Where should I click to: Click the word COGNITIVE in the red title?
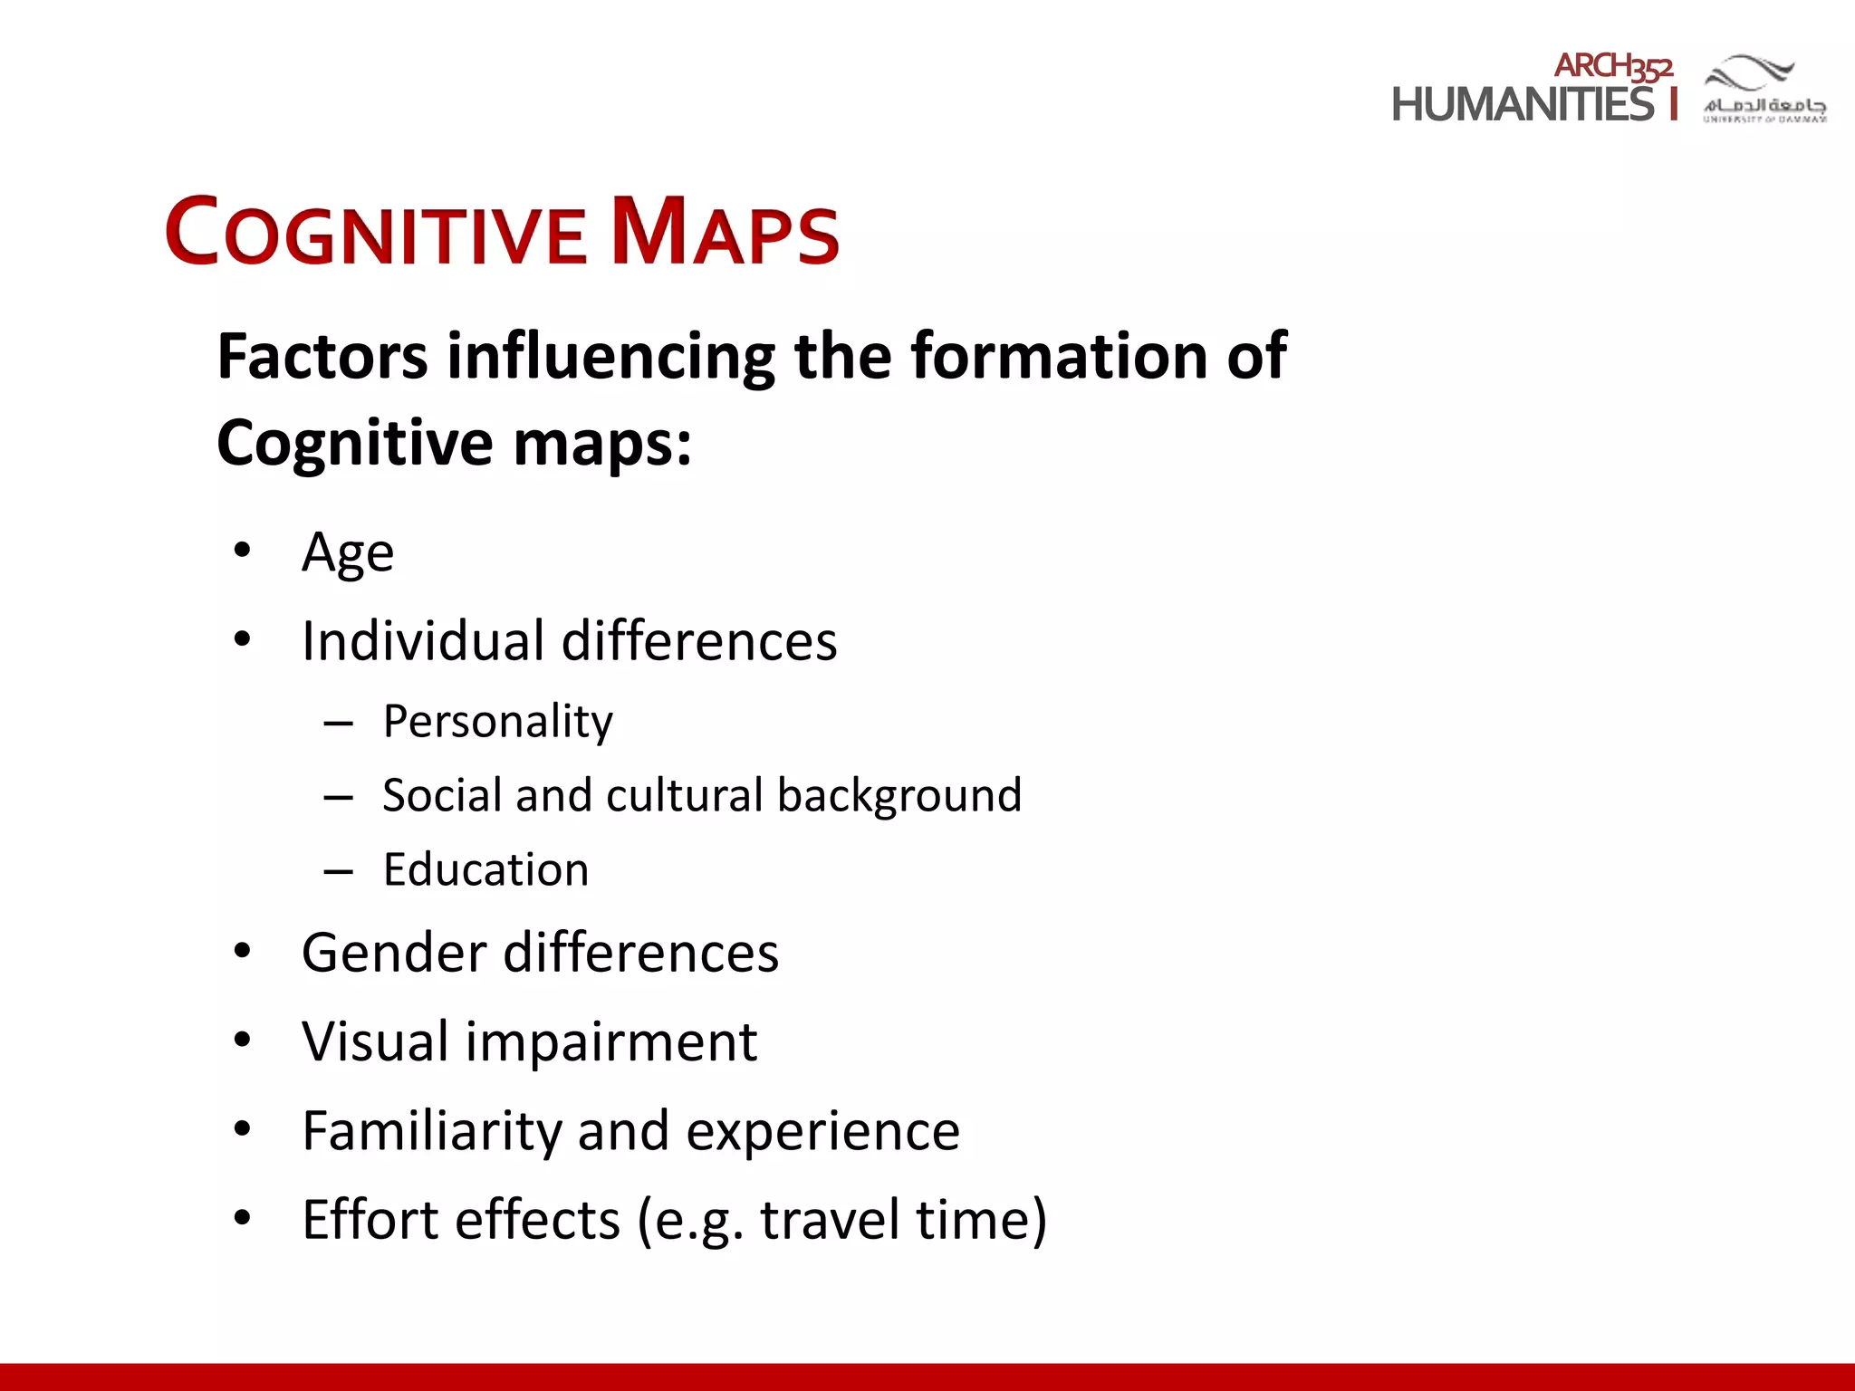point(376,232)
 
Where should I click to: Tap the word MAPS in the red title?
point(725,232)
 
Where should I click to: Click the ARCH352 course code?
point(1613,66)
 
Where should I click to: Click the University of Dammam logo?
point(1764,89)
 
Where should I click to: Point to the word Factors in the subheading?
point(322,356)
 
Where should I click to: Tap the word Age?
point(348,552)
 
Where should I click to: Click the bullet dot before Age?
point(241,551)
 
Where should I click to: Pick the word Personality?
point(497,722)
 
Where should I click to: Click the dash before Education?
point(338,872)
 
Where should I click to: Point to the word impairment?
point(611,1042)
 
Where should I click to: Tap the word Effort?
point(370,1220)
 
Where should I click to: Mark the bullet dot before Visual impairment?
point(241,1041)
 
